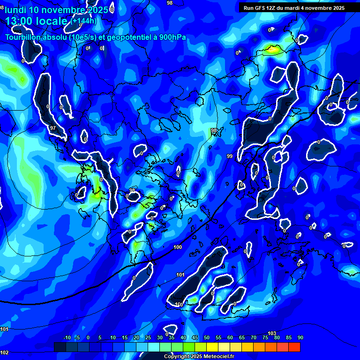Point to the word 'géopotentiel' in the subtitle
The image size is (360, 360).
point(131,37)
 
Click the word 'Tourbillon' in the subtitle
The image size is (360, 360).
point(22,37)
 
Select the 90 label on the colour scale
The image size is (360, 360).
point(300,338)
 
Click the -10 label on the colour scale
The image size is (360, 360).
point(67,338)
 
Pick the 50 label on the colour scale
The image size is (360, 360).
point(207,338)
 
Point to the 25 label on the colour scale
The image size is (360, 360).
point(148,338)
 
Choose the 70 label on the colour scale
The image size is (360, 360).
point(254,338)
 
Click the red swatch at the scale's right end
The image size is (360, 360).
point(294,347)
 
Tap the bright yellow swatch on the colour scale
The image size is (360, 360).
point(212,347)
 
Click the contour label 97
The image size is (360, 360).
point(53,128)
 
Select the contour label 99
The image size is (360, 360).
point(230,156)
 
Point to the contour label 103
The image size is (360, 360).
point(271,333)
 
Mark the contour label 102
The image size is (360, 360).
point(4,352)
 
